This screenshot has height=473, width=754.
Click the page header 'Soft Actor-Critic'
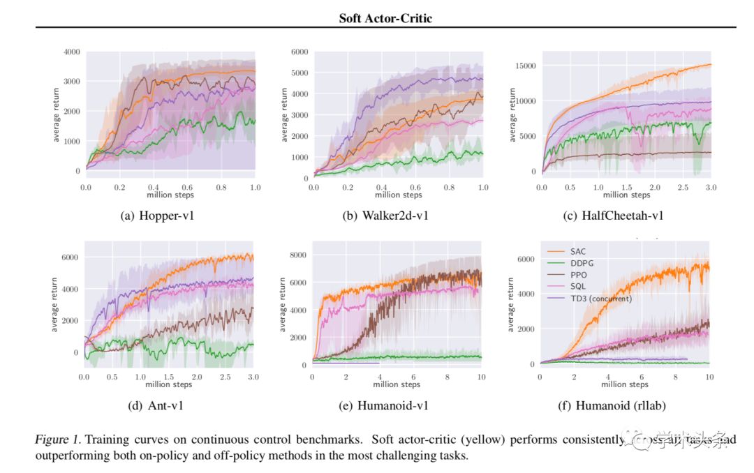385,18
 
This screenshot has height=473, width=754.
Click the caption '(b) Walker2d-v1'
385,216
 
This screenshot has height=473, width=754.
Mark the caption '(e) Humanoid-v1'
385,404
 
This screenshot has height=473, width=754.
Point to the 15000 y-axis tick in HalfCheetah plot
523,66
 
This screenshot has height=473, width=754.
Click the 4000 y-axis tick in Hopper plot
71,52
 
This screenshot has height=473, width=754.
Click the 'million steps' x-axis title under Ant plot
168,384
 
